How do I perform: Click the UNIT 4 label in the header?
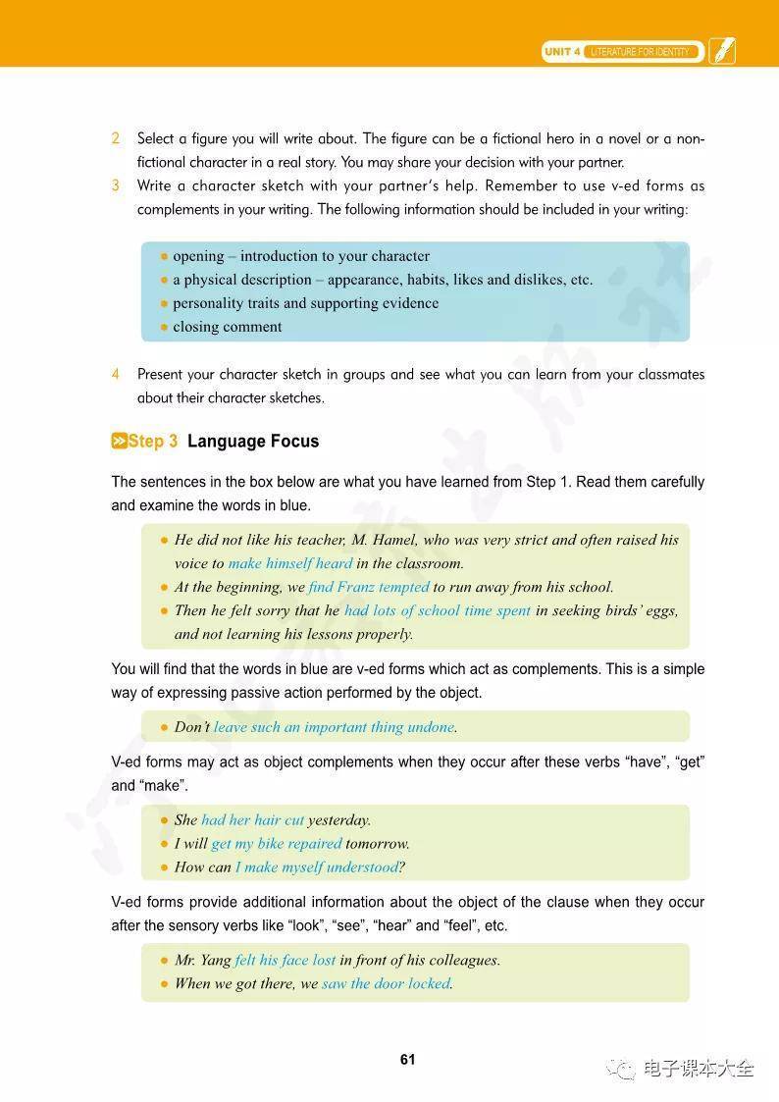[563, 51]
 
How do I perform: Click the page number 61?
[408, 1060]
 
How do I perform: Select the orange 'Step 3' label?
[145, 442]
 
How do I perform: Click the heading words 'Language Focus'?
[253, 442]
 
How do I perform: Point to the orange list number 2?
[116, 138]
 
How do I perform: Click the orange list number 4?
[116, 374]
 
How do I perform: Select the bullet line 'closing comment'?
[227, 327]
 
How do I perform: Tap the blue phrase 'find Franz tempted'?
[369, 587]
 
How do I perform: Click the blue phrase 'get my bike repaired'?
[277, 843]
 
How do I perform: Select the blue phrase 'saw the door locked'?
[387, 983]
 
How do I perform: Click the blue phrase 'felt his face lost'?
[286, 960]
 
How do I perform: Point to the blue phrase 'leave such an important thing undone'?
[334, 727]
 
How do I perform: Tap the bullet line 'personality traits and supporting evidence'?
[305, 303]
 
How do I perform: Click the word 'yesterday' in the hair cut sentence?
[338, 819]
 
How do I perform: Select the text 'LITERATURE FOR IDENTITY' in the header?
[640, 51]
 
